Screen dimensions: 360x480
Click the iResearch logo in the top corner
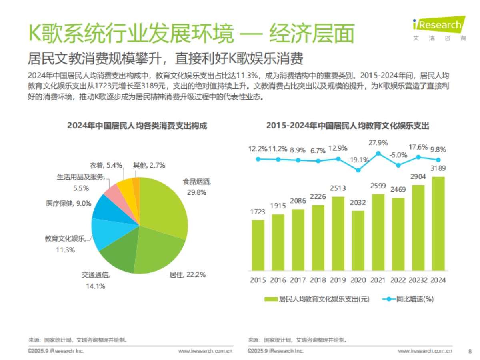point(439,28)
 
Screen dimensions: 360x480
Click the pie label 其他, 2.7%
point(149,165)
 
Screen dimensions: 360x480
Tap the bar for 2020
point(358,240)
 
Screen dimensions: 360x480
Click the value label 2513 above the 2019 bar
point(338,188)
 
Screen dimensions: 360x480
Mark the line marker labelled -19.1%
point(358,170)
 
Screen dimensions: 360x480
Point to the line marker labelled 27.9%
point(378,153)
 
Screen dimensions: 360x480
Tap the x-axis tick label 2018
point(318,280)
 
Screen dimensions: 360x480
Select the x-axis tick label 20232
point(418,280)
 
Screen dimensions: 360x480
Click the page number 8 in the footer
point(470,351)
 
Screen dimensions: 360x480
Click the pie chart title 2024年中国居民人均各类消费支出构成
point(138,125)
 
